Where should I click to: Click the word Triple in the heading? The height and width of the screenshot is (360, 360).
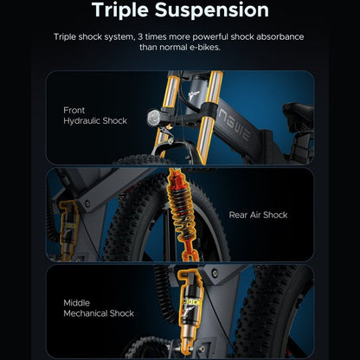tap(120, 11)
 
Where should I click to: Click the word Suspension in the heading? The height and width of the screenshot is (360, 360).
tap(212, 11)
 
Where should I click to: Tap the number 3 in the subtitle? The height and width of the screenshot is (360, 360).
tap(140, 37)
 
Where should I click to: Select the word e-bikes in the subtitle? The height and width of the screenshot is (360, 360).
tap(205, 47)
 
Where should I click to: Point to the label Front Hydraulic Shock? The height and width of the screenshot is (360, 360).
tap(95, 115)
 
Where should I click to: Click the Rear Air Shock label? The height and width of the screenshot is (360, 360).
tap(258, 215)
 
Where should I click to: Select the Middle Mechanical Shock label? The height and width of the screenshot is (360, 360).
tap(99, 308)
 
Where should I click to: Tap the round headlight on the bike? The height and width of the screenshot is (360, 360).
tap(153, 118)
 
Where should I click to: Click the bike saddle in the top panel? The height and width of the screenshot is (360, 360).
tap(299, 115)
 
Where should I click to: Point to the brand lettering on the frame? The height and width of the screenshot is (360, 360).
tap(234, 125)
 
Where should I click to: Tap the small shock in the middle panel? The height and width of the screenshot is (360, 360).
tap(68, 230)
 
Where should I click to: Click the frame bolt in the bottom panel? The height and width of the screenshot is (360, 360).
tap(215, 273)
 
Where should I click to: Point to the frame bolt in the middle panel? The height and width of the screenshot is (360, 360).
tap(87, 203)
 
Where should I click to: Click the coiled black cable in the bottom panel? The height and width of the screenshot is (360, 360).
tap(164, 292)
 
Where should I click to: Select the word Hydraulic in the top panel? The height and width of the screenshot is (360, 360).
tap(81, 121)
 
